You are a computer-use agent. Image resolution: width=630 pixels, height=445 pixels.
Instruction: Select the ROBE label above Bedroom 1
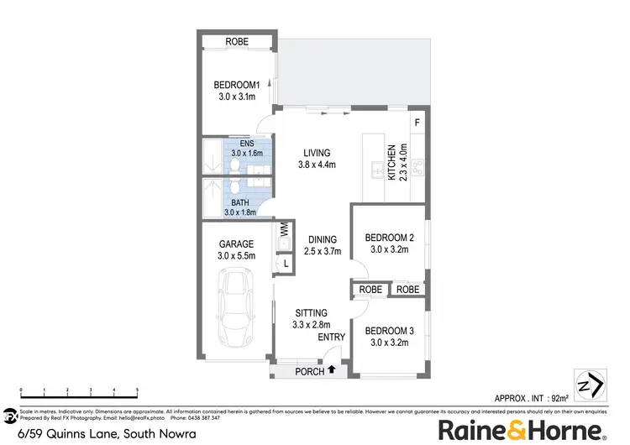[x=236, y=43]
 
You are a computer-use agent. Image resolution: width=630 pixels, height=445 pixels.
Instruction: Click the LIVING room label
[x=317, y=153]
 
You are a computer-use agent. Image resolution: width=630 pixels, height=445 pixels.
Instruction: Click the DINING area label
[x=323, y=238]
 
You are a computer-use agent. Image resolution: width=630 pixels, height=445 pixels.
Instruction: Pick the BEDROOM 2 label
[x=388, y=238]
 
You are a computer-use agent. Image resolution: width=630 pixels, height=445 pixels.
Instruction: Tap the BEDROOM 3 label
[x=389, y=330]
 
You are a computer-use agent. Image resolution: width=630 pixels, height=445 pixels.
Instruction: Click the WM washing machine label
[x=284, y=228]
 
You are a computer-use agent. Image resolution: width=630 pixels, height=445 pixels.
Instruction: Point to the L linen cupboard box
[x=286, y=264]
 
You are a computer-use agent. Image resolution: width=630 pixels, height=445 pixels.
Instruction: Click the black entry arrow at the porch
[x=332, y=369]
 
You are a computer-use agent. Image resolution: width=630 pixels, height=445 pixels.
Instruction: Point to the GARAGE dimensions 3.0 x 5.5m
[x=235, y=256]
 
